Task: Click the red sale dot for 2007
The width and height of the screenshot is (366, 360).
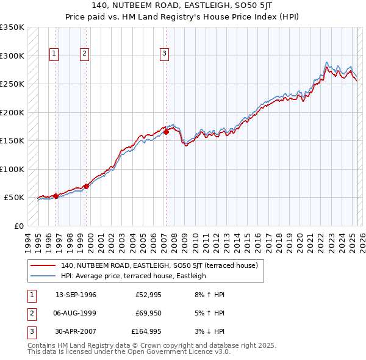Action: click(166, 131)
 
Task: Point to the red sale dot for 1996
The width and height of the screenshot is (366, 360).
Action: click(56, 196)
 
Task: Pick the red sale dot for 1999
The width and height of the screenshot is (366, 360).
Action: click(86, 186)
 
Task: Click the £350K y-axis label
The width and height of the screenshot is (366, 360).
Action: click(12, 27)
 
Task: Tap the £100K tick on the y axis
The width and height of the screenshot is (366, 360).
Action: click(12, 169)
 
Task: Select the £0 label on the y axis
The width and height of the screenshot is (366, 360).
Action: click(18, 226)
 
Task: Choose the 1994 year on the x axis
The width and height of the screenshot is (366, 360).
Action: click(28, 241)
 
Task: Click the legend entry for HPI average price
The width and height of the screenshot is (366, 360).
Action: click(133, 276)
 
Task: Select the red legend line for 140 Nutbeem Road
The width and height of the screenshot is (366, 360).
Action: click(43, 265)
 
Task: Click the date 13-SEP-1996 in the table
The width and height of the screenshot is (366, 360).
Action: click(76, 295)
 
